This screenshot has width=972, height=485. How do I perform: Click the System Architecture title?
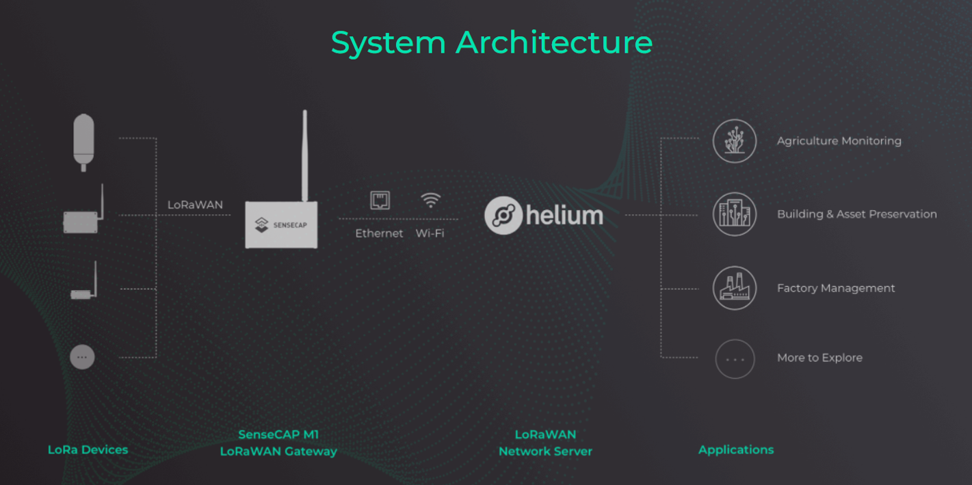pyautogui.click(x=492, y=43)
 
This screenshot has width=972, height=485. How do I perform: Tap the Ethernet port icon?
pyautogui.click(x=380, y=200)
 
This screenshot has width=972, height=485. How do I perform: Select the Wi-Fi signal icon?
pyautogui.click(x=430, y=200)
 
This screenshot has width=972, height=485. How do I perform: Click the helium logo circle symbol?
pyautogui.click(x=503, y=215)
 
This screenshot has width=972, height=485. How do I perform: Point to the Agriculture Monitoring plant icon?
pyautogui.click(x=735, y=141)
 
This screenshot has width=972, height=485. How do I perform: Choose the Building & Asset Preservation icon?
pyautogui.click(x=735, y=214)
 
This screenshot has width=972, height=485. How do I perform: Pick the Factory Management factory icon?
pyautogui.click(x=735, y=288)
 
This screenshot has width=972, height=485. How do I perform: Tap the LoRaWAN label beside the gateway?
pyautogui.click(x=195, y=205)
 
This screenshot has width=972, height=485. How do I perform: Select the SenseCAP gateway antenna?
pyautogui.click(x=305, y=155)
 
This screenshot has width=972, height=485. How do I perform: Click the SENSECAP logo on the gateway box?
pyautogui.click(x=281, y=224)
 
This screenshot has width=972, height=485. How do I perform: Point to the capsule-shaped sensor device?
pyautogui.click(x=83, y=142)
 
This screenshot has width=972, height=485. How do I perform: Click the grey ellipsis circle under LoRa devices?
pyautogui.click(x=83, y=357)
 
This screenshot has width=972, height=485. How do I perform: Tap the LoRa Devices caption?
pyautogui.click(x=88, y=450)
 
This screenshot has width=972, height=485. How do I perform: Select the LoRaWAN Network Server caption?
pyautogui.click(x=545, y=443)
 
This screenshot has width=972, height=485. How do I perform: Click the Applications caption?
pyautogui.click(x=736, y=450)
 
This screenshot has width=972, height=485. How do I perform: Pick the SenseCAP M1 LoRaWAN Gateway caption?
pyautogui.click(x=278, y=443)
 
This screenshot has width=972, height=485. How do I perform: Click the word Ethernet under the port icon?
pyautogui.click(x=379, y=233)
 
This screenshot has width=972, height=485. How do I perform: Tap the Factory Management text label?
pyautogui.click(x=836, y=288)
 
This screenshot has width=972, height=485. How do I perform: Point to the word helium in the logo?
pyautogui.click(x=564, y=215)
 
